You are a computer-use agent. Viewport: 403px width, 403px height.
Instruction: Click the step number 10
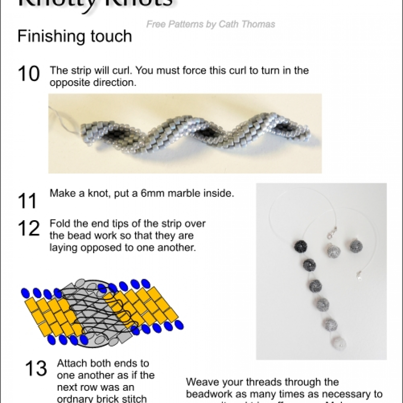pos(28,74)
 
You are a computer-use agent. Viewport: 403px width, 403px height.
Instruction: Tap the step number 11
pos(28,201)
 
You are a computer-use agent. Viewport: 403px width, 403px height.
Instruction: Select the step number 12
pos(28,228)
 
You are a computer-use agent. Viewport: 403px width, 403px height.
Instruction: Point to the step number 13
pos(36,369)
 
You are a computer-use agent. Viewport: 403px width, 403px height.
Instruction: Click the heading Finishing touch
pos(75,37)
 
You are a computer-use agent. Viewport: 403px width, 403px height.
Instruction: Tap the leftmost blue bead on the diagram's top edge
pos(25,292)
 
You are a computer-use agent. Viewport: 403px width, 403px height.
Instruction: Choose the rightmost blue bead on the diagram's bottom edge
pos(180,325)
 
